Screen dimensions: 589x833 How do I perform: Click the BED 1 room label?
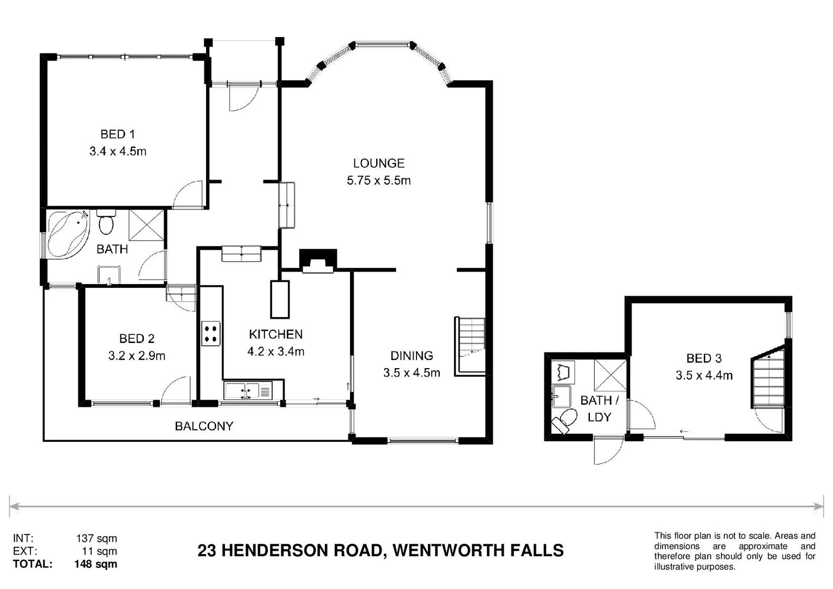117,134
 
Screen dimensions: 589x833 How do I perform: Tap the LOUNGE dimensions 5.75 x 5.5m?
378,181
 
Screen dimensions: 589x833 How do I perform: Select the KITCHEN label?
275,334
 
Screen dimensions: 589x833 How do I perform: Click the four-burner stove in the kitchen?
211,334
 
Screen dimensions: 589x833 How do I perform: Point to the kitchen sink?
243,391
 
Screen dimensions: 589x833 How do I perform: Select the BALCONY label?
204,426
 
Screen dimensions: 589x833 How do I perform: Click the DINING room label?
412,356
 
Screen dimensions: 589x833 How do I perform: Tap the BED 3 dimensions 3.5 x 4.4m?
704,375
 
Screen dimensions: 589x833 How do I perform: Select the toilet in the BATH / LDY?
564,421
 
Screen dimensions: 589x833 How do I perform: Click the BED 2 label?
136,339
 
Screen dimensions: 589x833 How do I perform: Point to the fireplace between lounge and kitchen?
318,261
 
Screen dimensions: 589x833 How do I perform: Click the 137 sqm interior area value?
96,539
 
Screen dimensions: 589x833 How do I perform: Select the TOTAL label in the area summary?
33,564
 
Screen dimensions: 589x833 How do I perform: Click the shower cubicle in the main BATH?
146,224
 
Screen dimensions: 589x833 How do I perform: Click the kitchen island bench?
280,299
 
